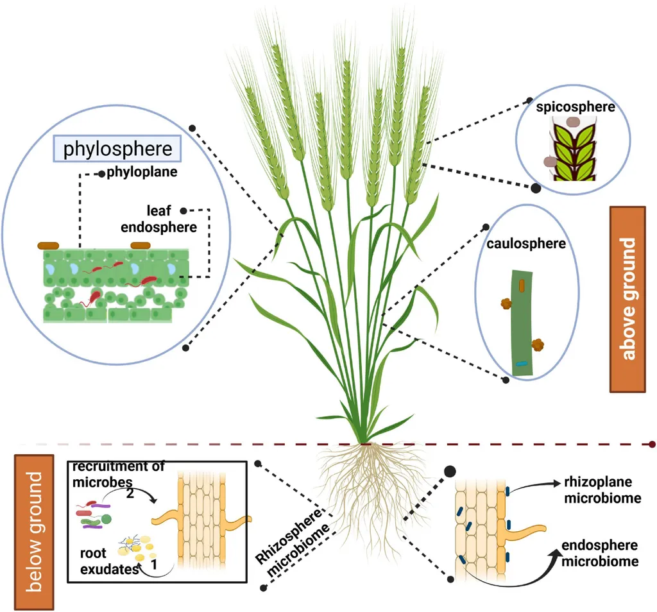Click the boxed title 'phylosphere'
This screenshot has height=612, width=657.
[117, 149]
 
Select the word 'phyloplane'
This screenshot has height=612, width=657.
[142, 172]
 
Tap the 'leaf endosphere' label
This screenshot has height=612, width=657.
[159, 219]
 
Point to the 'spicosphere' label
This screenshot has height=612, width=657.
[576, 107]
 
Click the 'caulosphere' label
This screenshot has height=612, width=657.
[526, 243]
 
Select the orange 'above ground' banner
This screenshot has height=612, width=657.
[627, 299]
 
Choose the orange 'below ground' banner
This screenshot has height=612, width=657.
[34, 532]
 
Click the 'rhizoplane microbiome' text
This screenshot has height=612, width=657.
[602, 489]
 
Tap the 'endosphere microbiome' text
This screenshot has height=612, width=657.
[600, 553]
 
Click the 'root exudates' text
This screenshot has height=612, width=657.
[109, 561]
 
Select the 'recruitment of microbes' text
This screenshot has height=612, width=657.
[118, 474]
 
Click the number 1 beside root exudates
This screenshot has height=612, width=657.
[154, 565]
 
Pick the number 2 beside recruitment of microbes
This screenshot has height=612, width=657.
[130, 493]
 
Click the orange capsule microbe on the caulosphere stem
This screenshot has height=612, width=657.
[521, 285]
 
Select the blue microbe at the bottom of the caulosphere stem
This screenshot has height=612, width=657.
[521, 364]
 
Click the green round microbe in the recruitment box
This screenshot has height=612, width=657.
[107, 520]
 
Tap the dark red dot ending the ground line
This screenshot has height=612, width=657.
[652, 444]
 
